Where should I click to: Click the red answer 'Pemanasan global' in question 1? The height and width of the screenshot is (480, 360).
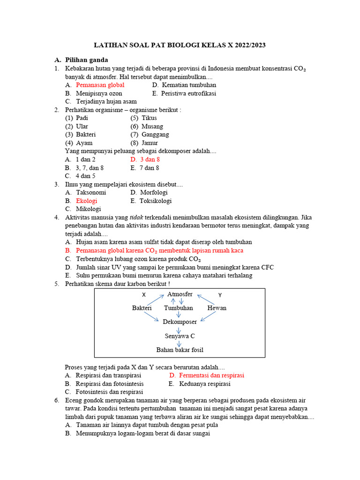pyautogui.click(x=100, y=85)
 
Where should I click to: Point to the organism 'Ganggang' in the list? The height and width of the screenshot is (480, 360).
pyautogui.click(x=155, y=135)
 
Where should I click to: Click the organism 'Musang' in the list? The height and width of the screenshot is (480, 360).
pyautogui.click(x=152, y=127)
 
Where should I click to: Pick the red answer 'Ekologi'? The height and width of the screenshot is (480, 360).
pyautogui.click(x=86, y=201)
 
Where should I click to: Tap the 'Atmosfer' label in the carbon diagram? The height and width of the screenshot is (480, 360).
pyautogui.click(x=180, y=294)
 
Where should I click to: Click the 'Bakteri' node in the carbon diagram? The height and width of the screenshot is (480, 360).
pyautogui.click(x=142, y=308)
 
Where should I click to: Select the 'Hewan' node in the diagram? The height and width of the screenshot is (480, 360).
pyautogui.click(x=217, y=308)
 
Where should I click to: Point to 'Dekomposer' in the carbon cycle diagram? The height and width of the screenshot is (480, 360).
pyautogui.click(x=180, y=322)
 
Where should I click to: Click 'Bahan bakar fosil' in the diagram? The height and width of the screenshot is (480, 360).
pyautogui.click(x=180, y=350)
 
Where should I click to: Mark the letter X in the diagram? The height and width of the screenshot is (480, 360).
pyautogui.click(x=144, y=295)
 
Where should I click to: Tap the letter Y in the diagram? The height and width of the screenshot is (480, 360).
pyautogui.click(x=220, y=295)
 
